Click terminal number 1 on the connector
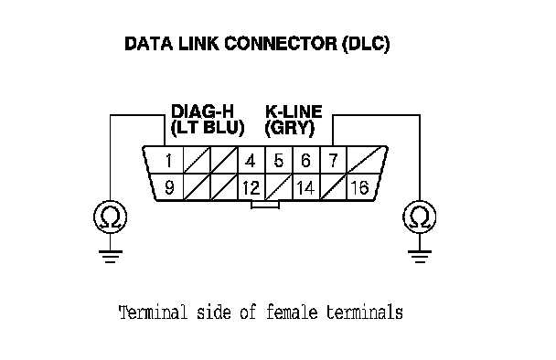(x=169, y=161)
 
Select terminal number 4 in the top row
(x=251, y=161)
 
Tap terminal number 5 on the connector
(x=279, y=161)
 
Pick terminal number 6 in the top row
(x=306, y=161)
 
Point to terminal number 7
(x=333, y=161)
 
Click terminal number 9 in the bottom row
(x=170, y=187)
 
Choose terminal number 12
(x=251, y=188)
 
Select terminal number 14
(x=305, y=188)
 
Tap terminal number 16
(x=359, y=188)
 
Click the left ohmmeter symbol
(x=110, y=217)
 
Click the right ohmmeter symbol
(x=420, y=217)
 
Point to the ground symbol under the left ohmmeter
(x=111, y=257)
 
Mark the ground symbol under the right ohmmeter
(x=420, y=257)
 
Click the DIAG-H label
(x=203, y=111)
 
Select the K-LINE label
(x=294, y=111)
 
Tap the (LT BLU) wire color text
(x=208, y=128)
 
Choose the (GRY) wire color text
(x=290, y=128)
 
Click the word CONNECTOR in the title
(x=281, y=44)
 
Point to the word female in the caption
(x=292, y=312)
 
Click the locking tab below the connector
(x=265, y=205)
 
